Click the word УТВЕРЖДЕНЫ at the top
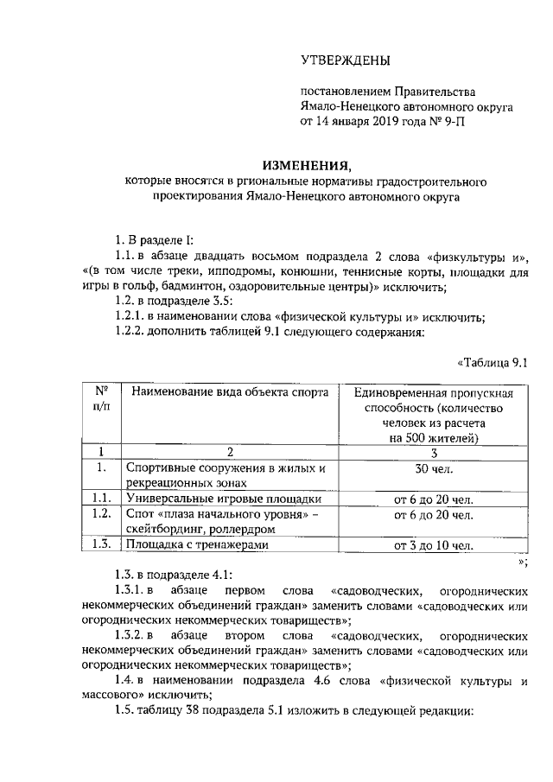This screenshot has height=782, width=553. pyautogui.click(x=345, y=60)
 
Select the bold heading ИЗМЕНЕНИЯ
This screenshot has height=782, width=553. pyautogui.click(x=308, y=164)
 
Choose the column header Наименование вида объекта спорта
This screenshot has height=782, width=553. pyautogui.click(x=230, y=393)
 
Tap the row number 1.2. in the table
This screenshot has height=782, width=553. pyautogui.click(x=101, y=515)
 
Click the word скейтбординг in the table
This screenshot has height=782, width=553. pyautogui.click(x=162, y=530)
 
